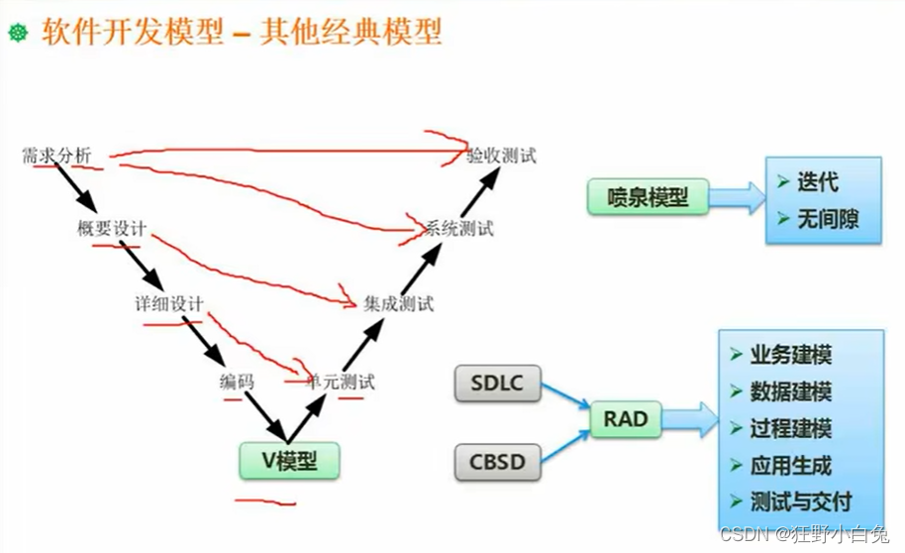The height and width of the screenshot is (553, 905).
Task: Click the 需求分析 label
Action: click(x=56, y=156)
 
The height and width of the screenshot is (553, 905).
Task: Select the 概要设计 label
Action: click(x=112, y=229)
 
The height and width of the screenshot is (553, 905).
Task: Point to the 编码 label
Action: click(x=237, y=381)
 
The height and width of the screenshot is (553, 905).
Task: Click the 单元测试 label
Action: click(x=342, y=381)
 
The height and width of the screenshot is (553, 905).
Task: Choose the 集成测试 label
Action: click(x=398, y=303)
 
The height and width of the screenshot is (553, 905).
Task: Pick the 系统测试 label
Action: click(x=458, y=229)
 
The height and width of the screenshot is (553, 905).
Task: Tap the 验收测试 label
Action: click(x=502, y=156)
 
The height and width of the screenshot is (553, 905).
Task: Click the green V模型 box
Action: click(x=288, y=461)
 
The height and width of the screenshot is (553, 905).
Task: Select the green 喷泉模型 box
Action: click(x=649, y=196)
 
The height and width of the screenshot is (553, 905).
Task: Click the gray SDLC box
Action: click(x=496, y=384)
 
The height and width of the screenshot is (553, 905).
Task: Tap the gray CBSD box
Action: click(x=496, y=461)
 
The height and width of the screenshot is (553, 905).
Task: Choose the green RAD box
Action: click(x=626, y=419)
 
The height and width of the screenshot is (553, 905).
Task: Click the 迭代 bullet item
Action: click(x=816, y=182)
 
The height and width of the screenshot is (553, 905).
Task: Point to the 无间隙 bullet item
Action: click(x=825, y=219)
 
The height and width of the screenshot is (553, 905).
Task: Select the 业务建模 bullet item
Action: click(x=789, y=355)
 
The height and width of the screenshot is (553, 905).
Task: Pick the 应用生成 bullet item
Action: click(x=789, y=465)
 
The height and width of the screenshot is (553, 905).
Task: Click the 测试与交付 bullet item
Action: click(x=798, y=501)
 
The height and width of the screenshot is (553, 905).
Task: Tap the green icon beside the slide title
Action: click(x=17, y=34)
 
